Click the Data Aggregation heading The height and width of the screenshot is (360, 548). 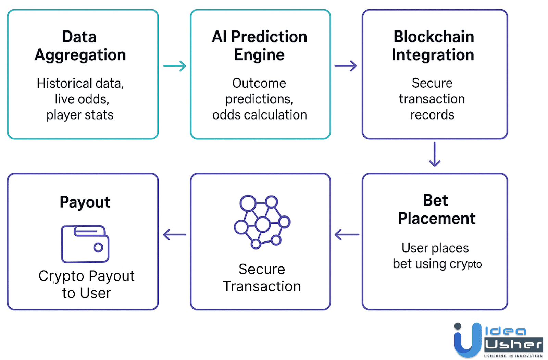point(80,46)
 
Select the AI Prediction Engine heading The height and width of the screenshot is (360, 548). point(259,46)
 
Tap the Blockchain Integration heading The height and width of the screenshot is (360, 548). point(433,46)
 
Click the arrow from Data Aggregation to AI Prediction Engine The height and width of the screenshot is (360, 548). point(174,66)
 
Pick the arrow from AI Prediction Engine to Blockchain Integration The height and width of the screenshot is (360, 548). point(345,66)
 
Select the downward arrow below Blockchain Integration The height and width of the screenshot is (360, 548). point(435,154)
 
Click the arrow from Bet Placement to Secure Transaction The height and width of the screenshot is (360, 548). point(347,235)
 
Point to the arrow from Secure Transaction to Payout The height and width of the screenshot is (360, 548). point(174,235)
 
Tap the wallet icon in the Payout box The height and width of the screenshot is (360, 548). point(85,244)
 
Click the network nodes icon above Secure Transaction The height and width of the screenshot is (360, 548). point(262,222)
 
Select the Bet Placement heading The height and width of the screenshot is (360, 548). point(436,209)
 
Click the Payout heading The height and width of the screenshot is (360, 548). point(85,202)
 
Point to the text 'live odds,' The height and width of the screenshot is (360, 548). point(82,99)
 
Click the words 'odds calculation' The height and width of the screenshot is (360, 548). point(259,115)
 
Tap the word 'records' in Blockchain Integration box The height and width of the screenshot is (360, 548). point(432,115)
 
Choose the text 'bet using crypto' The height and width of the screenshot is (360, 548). point(437,264)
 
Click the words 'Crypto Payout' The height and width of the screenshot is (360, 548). point(86,276)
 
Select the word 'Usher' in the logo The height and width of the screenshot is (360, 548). point(513,344)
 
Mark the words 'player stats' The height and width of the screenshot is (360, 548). point(80,115)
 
